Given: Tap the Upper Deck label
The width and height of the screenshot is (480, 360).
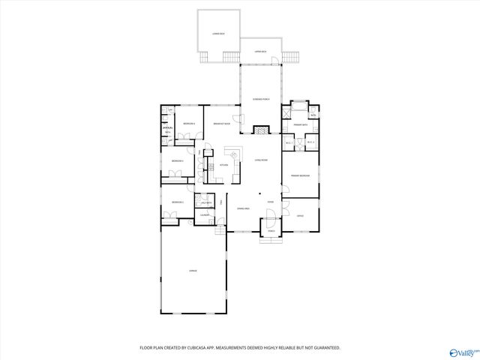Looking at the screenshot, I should click(x=260, y=51).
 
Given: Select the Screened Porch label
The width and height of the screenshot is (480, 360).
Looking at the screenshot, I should click(x=261, y=99).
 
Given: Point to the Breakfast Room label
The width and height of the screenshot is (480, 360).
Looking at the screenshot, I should click(x=221, y=124).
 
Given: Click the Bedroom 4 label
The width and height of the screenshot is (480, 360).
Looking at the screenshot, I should click(x=190, y=123).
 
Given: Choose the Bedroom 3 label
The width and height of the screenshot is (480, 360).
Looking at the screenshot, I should click(x=177, y=161).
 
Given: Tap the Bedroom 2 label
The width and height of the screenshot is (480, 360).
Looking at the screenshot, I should click(x=177, y=202).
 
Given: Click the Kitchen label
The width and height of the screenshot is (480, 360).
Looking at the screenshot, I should click(x=223, y=166).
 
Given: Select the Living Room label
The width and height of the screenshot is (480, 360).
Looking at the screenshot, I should click(x=260, y=160).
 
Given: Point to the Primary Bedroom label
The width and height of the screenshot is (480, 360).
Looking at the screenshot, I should click(x=301, y=175).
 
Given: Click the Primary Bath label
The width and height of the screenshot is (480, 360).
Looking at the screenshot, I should click(x=300, y=125).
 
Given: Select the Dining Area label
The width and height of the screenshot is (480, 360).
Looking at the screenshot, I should click(x=243, y=208).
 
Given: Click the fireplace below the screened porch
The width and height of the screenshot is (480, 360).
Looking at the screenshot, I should click(x=260, y=130).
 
